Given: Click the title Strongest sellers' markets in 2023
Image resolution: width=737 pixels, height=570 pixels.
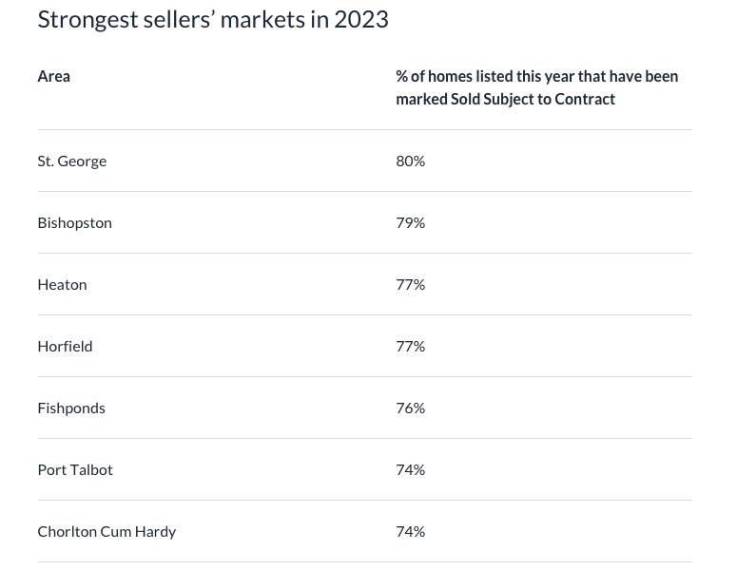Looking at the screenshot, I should pyautogui.click(x=213, y=19).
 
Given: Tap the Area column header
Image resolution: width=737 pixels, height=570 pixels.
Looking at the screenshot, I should pyautogui.click(x=53, y=76).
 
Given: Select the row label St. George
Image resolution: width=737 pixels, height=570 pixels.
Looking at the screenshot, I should pyautogui.click(x=72, y=161).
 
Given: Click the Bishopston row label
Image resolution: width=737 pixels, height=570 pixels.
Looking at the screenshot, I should pyautogui.click(x=74, y=222).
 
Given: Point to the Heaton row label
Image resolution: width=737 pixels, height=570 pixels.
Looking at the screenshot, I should pyautogui.click(x=62, y=284).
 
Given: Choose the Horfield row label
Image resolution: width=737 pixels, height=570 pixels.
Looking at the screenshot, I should pyautogui.click(x=65, y=346).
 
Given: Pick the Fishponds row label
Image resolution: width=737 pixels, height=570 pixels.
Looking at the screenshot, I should pyautogui.click(x=71, y=408).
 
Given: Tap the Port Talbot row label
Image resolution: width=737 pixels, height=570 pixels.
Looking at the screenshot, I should pyautogui.click(x=75, y=469).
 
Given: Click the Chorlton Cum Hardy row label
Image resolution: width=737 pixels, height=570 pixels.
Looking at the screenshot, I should pyautogui.click(x=107, y=531).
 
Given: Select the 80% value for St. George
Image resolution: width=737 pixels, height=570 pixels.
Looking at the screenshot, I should pyautogui.click(x=410, y=161).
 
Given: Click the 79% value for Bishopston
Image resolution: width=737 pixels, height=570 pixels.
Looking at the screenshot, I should pyautogui.click(x=410, y=222).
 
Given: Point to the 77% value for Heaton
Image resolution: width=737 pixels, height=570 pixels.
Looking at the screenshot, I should pyautogui.click(x=410, y=284).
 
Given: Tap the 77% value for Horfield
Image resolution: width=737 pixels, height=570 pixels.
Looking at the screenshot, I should pyautogui.click(x=410, y=346).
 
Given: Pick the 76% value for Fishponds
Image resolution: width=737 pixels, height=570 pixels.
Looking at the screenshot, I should pyautogui.click(x=410, y=408).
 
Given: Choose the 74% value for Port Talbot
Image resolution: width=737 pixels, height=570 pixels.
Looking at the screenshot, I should pyautogui.click(x=410, y=469).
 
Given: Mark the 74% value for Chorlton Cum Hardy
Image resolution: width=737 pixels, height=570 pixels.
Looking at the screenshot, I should pyautogui.click(x=410, y=531).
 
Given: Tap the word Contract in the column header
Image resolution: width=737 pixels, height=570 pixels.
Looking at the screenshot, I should pyautogui.click(x=585, y=99).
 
